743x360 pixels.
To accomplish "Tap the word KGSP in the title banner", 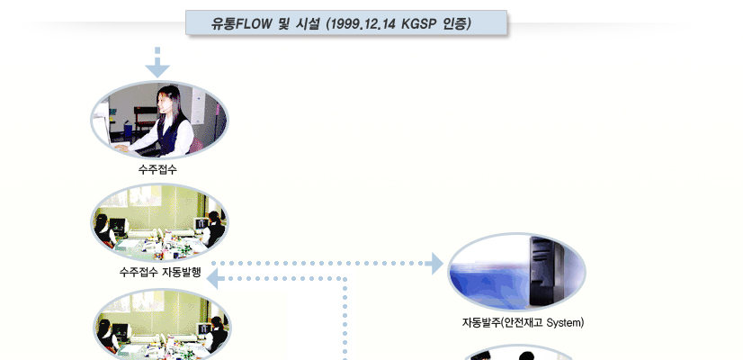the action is tap(418, 23).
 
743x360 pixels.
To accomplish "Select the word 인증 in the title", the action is tap(456, 23).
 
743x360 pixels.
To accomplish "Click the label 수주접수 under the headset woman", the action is tap(157, 169).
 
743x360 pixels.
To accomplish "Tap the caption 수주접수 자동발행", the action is tap(160, 273).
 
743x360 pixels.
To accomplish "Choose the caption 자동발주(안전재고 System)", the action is tap(523, 323).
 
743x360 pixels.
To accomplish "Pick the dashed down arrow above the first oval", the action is tap(157, 62).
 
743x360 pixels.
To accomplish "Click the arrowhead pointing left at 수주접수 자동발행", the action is tap(215, 278).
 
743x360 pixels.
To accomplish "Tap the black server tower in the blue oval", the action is tap(545, 270).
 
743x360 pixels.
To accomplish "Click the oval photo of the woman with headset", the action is tap(159, 120).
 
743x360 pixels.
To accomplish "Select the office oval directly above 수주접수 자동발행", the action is tap(159, 223).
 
